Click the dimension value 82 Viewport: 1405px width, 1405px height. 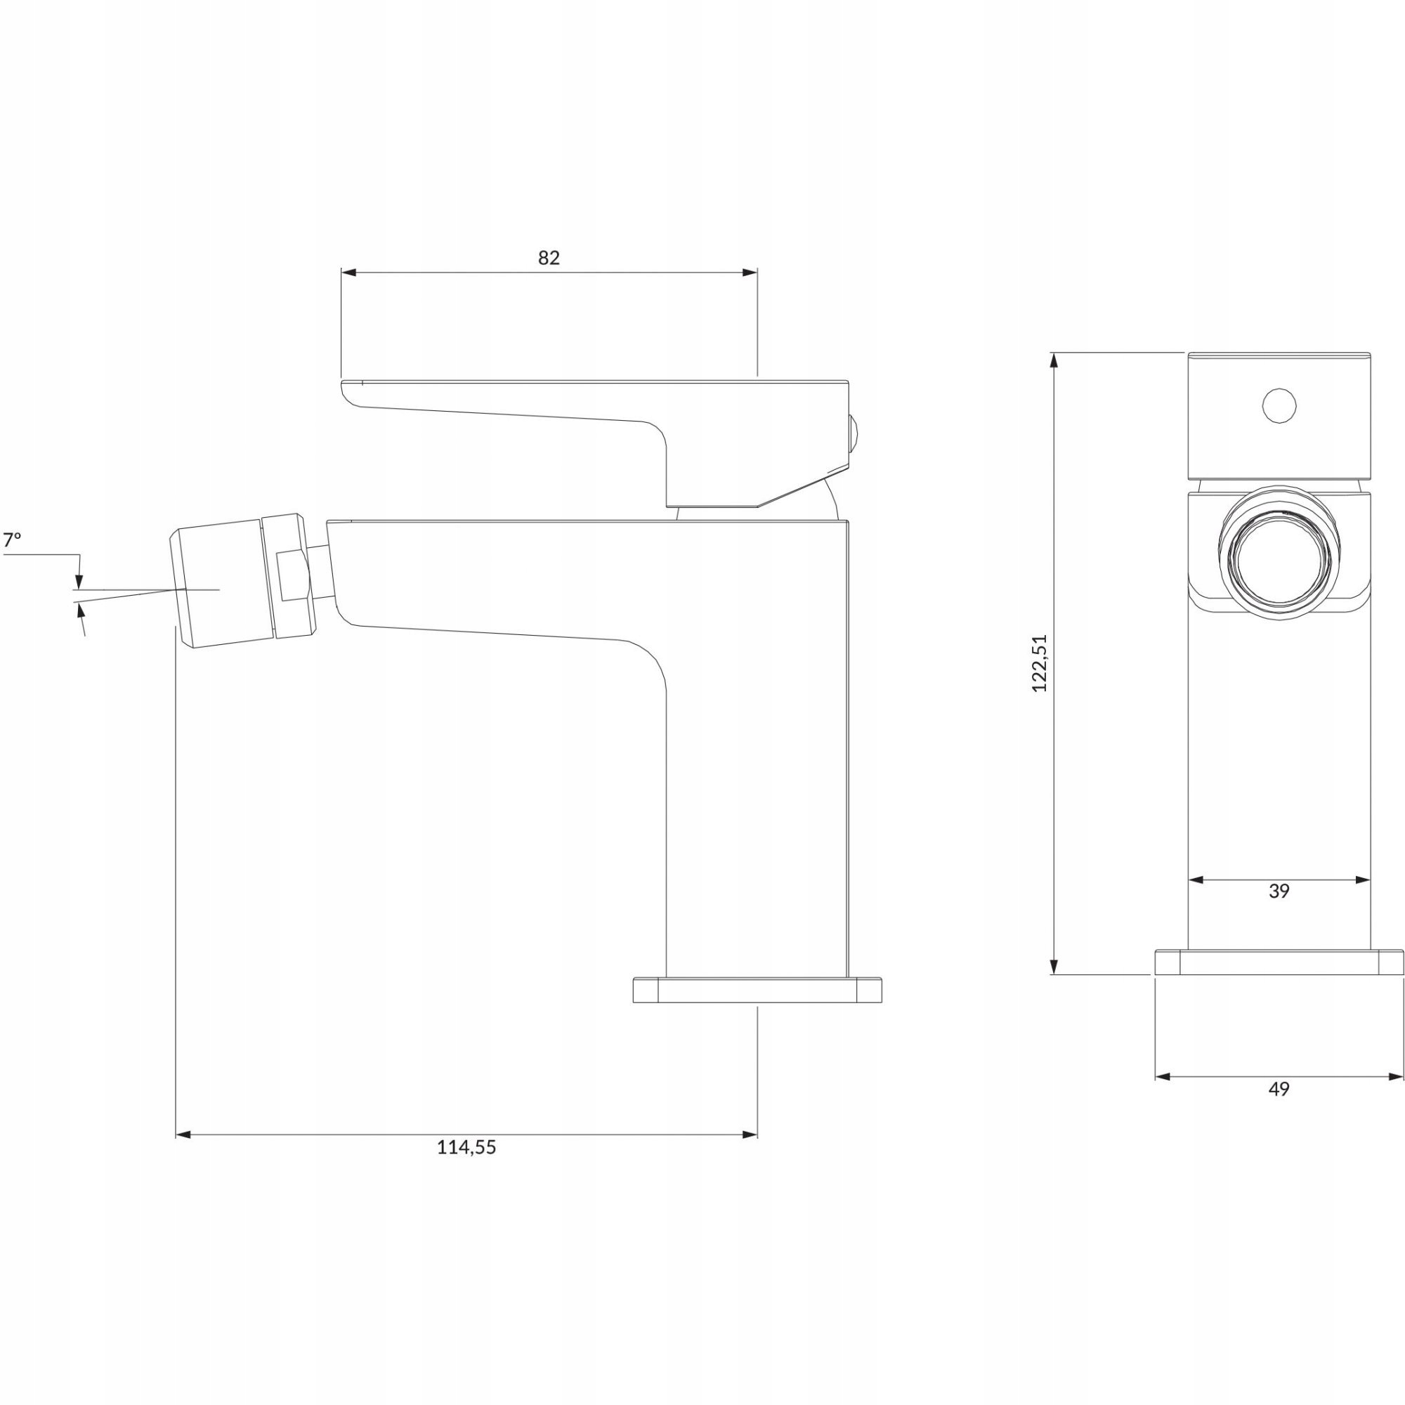(549, 257)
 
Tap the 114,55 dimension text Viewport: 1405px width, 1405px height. (466, 1147)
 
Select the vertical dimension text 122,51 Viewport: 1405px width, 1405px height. (1040, 662)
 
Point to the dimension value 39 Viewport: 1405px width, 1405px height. (1279, 891)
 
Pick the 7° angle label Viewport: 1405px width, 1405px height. (13, 540)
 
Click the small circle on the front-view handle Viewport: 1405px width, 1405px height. (1279, 405)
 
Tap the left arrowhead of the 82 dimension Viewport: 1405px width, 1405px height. (348, 273)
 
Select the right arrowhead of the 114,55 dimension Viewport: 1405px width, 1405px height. (750, 1135)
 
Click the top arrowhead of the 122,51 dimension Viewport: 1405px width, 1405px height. (1053, 360)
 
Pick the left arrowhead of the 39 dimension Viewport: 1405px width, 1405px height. (1196, 880)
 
